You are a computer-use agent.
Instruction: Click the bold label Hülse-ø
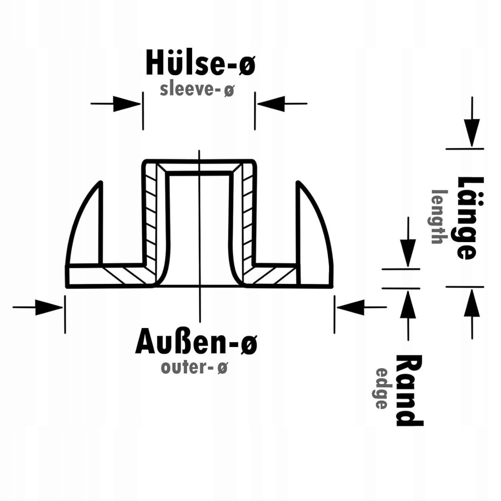201,62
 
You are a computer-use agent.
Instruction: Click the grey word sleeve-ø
197,90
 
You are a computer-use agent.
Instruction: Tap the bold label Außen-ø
197,342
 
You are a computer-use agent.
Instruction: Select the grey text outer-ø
194,367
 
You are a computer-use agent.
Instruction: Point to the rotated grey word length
437,217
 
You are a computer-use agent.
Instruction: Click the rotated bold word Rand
410,390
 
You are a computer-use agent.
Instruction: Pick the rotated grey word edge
381,389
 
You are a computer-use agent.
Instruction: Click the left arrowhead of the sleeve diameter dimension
127,103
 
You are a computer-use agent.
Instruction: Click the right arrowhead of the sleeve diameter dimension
271,103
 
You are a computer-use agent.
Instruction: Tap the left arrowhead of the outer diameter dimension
49,308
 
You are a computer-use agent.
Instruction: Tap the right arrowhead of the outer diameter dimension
351,308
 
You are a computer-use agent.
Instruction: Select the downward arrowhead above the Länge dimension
472,133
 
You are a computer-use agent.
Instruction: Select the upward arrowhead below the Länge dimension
472,303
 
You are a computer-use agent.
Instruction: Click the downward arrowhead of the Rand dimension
408,253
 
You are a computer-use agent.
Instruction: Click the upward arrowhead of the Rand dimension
408,304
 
